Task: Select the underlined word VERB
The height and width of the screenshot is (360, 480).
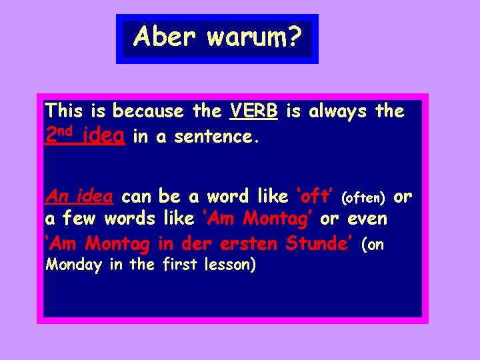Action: coord(253,111)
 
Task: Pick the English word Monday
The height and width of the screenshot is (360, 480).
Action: coord(74,265)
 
